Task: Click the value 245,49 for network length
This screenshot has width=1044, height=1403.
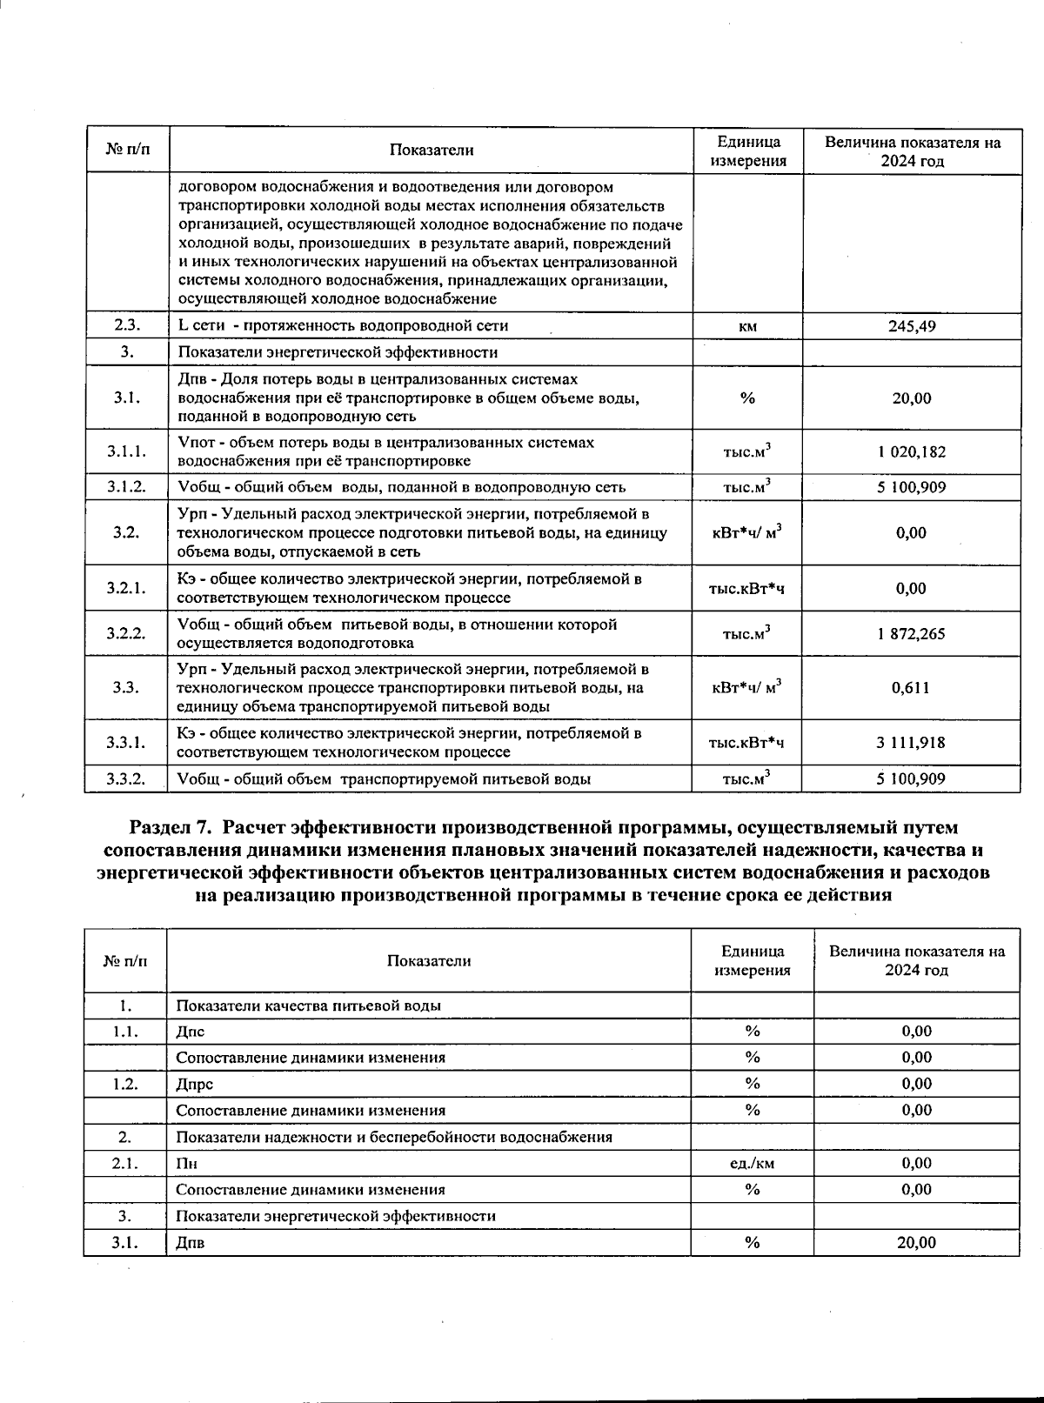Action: [x=911, y=327]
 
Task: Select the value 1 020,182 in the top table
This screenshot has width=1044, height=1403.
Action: [x=911, y=452]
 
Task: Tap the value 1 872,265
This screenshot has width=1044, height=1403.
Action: [x=911, y=634]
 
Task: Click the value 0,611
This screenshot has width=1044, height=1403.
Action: [x=911, y=688]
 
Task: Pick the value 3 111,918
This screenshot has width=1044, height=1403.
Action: [x=911, y=743]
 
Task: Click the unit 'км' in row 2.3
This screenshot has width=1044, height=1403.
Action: [x=747, y=327]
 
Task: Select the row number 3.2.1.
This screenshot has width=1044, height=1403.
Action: [x=126, y=588]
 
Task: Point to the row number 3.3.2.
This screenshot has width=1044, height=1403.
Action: [x=126, y=779]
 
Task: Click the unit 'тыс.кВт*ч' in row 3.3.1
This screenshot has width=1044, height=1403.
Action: [x=747, y=743]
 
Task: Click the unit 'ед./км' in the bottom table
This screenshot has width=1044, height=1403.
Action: [x=752, y=1163]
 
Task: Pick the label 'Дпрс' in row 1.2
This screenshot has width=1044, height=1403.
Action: [x=194, y=1084]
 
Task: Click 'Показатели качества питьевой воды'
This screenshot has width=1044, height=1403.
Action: [x=308, y=1005]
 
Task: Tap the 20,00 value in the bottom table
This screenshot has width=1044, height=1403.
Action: [x=916, y=1242]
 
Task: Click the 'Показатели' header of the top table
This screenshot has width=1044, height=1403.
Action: [x=431, y=150]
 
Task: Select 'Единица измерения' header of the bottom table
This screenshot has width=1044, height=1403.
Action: [x=752, y=960]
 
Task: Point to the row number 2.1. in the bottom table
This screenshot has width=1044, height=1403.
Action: [x=125, y=1163]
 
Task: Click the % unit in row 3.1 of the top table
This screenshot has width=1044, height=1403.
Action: [x=747, y=398]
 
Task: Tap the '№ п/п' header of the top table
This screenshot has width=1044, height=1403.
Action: [x=127, y=150]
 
